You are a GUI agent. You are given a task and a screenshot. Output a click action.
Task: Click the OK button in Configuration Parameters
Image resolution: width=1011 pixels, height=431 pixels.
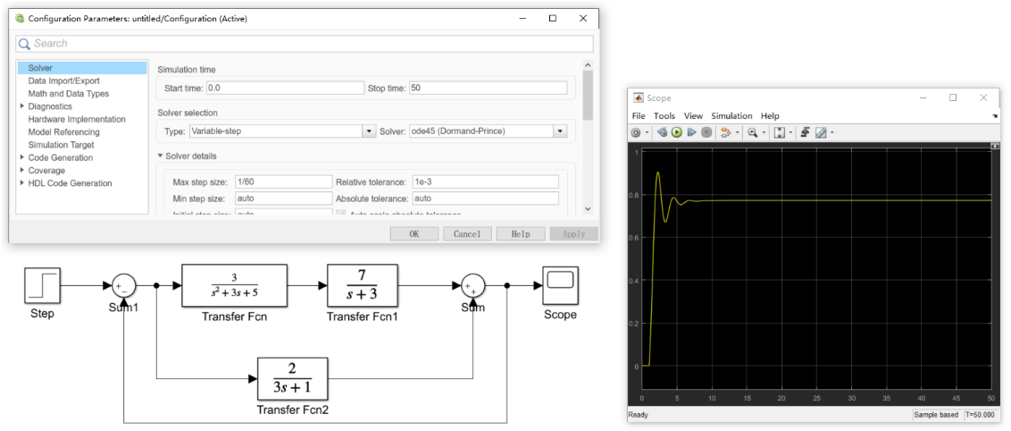(414, 233)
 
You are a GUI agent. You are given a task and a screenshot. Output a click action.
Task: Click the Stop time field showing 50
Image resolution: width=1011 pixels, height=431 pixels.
(488, 88)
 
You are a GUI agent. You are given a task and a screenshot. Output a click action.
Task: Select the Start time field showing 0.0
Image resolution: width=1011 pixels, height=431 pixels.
(285, 88)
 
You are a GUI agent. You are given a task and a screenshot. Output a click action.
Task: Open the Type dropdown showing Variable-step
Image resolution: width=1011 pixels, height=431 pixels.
(281, 131)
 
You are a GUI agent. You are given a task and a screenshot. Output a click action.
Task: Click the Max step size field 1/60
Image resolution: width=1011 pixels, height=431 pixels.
(283, 182)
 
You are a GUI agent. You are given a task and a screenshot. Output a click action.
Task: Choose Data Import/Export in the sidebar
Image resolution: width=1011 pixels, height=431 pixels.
(63, 80)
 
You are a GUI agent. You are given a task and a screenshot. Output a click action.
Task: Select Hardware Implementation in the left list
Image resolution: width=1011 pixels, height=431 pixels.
(77, 119)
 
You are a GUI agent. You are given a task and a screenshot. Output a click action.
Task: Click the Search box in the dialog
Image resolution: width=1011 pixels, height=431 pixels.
(304, 43)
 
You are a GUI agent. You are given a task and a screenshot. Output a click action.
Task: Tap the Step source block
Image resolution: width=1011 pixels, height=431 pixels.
(42, 285)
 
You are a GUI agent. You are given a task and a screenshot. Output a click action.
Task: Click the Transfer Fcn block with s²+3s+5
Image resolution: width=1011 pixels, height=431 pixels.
(234, 285)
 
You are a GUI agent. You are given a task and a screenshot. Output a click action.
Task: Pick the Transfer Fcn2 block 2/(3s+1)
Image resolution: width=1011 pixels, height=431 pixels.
(293, 380)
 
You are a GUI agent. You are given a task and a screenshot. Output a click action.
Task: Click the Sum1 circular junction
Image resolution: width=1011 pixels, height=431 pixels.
(123, 285)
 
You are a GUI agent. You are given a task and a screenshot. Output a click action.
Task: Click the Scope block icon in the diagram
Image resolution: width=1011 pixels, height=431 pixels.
(560, 283)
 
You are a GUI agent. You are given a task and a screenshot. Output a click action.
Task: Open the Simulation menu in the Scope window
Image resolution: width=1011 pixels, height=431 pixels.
(731, 115)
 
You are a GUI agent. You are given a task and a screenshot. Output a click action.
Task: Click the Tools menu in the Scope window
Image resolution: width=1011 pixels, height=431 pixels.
(664, 115)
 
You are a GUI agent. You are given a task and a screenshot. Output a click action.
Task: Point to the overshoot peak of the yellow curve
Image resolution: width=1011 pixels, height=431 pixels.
(657, 173)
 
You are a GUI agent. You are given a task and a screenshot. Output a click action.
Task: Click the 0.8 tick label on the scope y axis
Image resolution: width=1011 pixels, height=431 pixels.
(635, 195)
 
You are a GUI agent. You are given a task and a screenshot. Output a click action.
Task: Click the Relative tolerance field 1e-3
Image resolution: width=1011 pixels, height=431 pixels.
(485, 182)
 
